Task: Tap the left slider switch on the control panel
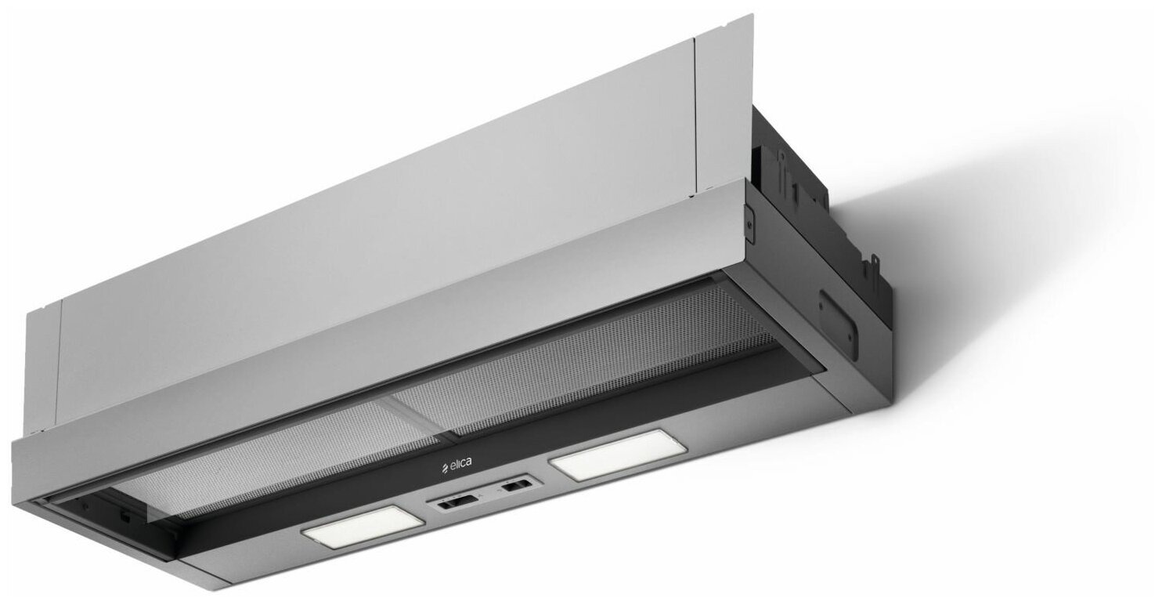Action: coord(457,502)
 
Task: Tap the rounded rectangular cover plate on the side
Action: coord(838,324)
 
